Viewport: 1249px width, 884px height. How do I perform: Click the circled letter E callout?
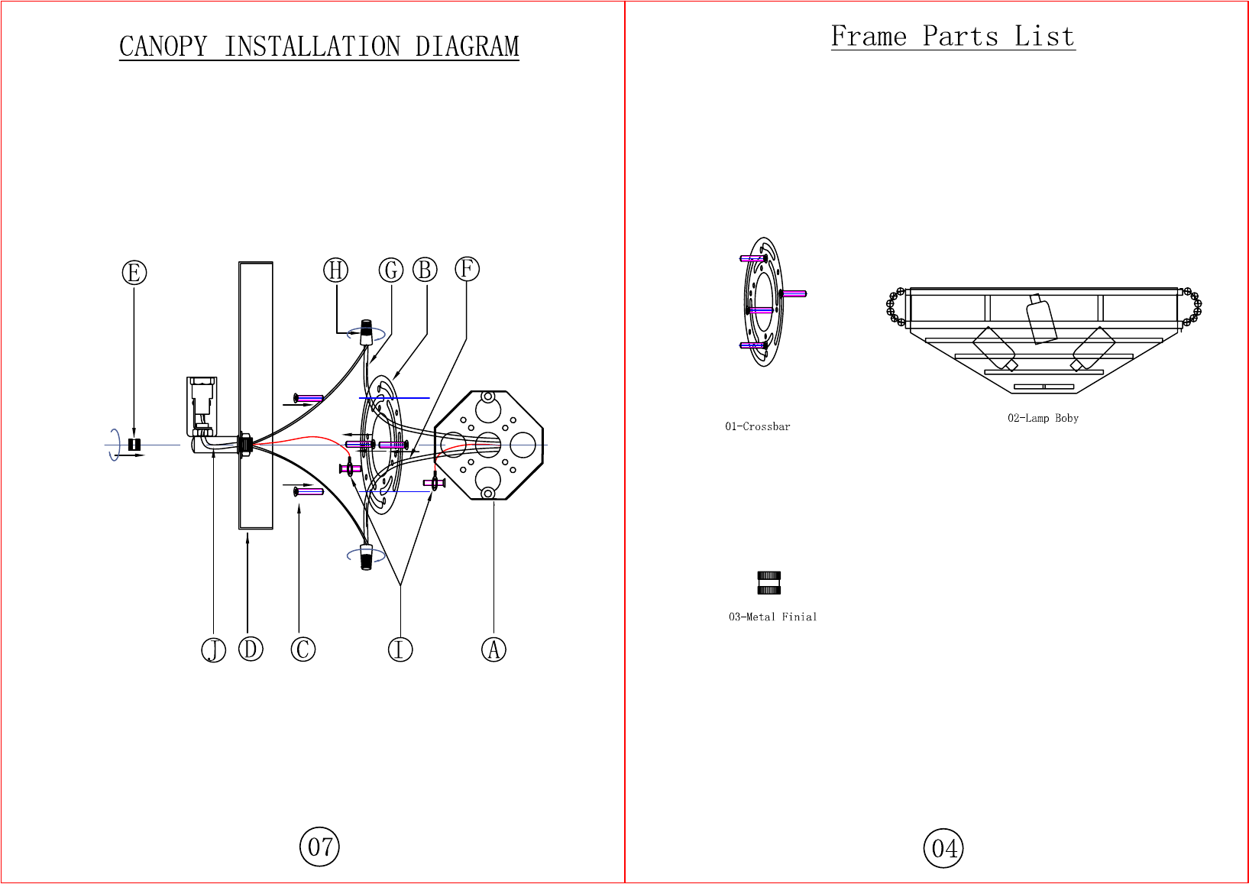pos(134,273)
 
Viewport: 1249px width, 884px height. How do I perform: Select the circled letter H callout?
pos(335,270)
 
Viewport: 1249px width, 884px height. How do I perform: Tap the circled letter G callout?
pos(391,270)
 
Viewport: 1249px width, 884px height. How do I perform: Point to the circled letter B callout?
pos(425,270)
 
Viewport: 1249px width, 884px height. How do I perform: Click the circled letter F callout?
pos(467,269)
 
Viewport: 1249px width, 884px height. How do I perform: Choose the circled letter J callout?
pos(213,650)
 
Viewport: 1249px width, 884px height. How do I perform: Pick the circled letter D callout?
pos(251,649)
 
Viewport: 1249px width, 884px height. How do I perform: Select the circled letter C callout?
pos(303,649)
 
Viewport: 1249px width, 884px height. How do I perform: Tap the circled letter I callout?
pos(400,649)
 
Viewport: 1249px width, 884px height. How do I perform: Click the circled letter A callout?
pos(493,649)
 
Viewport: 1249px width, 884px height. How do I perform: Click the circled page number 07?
pos(319,847)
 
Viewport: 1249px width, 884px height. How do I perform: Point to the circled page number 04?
pos(943,848)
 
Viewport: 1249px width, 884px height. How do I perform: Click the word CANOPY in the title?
pos(163,46)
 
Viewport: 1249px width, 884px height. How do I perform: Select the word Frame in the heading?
pos(869,36)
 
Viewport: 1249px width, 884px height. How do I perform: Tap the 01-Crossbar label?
pos(757,426)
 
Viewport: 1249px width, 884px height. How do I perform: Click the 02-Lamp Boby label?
pos(1043,418)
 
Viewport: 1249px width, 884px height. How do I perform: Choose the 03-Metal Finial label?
pos(772,617)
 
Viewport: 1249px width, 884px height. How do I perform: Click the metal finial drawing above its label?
pos(769,584)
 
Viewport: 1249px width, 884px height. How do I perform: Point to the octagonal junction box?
pos(489,445)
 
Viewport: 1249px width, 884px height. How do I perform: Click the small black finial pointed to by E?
pos(134,445)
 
